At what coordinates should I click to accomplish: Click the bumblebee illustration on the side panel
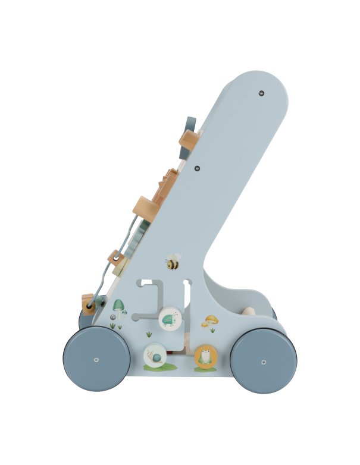tap(173, 262)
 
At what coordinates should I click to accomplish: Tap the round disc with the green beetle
tap(170, 318)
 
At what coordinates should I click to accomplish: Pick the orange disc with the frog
tap(205, 358)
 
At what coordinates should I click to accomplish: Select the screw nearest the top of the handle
tap(261, 93)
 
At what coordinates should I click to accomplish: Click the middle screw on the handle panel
tap(197, 168)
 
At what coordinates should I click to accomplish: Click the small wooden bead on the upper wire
tap(115, 258)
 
